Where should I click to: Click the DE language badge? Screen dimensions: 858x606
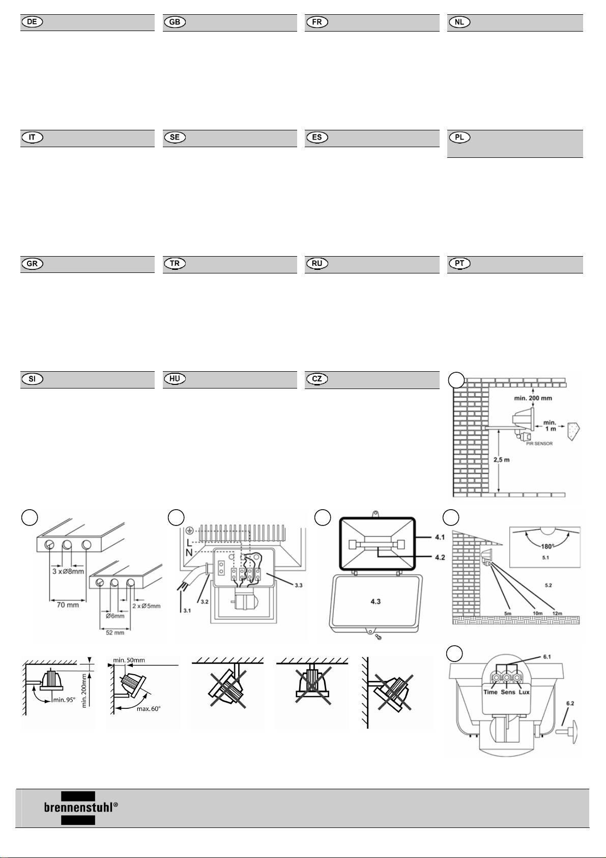coord(32,22)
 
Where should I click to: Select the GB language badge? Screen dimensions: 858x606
coord(175,22)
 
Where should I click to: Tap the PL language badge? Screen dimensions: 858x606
coord(459,138)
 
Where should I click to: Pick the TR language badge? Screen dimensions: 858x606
coord(175,264)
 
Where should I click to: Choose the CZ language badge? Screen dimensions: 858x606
coord(316,379)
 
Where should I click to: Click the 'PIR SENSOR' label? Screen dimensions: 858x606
coord(540,444)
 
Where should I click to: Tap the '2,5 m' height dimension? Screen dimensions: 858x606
coord(503,460)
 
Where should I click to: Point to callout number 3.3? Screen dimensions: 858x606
coord(299,585)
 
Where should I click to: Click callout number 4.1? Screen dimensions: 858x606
coord(439,537)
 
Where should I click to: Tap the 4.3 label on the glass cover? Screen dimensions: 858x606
coord(376,601)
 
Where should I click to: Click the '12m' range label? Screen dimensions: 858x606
coord(557,613)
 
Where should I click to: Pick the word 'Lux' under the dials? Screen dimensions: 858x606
coord(524,692)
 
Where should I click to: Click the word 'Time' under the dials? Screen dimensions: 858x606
coord(490,692)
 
